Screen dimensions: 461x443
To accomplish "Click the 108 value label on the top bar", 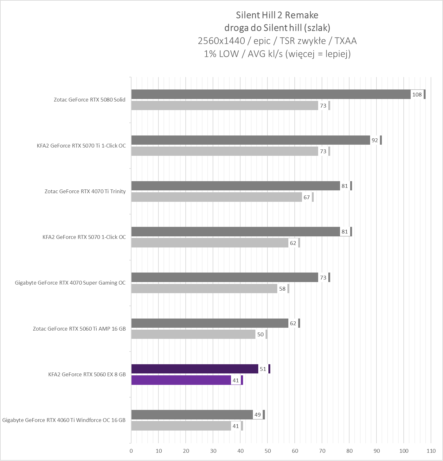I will (417, 95).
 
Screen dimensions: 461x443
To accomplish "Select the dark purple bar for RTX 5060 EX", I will (195, 369).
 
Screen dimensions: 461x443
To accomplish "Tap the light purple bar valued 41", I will (181, 380).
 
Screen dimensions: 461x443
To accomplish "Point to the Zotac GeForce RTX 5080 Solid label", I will (89, 100).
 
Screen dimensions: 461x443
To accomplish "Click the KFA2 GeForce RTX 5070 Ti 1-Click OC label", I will (81, 146).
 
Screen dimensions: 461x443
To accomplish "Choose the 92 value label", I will (375, 140).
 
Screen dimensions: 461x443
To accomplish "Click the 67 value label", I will (306, 197).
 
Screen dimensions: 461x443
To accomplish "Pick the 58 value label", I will (282, 289).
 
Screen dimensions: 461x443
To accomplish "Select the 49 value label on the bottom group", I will (257, 415).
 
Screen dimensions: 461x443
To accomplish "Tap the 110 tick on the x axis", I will (431, 451).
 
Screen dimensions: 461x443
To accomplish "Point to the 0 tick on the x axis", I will (131, 451).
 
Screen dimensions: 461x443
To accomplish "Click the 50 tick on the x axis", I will (268, 451).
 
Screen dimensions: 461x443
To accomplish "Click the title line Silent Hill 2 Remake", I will (277, 15).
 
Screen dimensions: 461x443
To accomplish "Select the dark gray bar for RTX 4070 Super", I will (225, 277).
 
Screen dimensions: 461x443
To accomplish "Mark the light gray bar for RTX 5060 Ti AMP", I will (193, 334).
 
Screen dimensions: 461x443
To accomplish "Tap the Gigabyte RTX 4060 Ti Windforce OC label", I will (64, 420).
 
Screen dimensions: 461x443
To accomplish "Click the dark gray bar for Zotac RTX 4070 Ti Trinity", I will (235, 186).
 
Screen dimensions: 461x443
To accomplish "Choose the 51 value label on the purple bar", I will (263, 369).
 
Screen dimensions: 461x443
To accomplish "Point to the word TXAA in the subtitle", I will (345, 41).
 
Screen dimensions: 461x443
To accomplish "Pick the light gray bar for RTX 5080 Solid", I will (225, 106).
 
